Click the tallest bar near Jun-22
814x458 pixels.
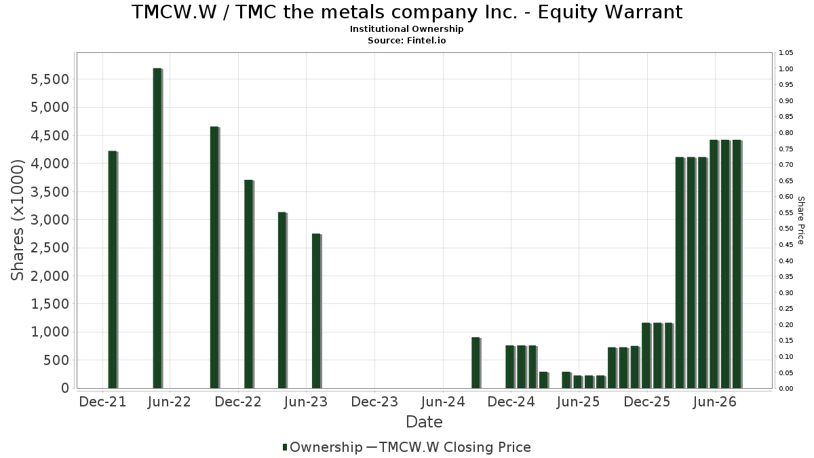[x=157, y=228]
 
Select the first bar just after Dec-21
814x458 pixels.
[x=113, y=270]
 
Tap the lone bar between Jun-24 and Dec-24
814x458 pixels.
[x=476, y=363]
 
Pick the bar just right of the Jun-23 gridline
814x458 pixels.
[x=316, y=311]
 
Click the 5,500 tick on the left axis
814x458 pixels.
[x=50, y=79]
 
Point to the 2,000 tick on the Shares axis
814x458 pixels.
[x=50, y=276]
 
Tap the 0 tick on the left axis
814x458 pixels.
[x=65, y=388]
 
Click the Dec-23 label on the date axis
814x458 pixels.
[x=374, y=402]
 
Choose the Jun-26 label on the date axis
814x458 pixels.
[x=715, y=402]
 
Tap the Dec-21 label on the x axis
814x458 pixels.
[x=102, y=402]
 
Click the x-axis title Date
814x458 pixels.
[x=424, y=422]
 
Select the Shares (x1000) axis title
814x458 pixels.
[x=17, y=220]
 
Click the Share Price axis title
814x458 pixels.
[x=801, y=221]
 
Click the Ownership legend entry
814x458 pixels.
[x=323, y=447]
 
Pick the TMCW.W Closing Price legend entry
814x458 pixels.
[x=448, y=447]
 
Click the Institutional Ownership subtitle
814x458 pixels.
[x=406, y=29]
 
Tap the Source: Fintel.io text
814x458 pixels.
[x=406, y=40]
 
